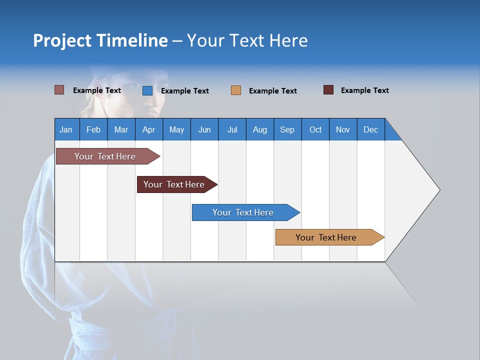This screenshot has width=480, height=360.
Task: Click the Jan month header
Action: (66, 129)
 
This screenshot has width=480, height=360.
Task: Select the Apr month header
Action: (148, 129)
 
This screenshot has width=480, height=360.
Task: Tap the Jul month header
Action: (232, 129)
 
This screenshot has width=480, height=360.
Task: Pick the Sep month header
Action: (287, 129)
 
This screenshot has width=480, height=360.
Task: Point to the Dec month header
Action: (370, 129)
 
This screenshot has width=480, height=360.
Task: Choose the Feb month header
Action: (93, 129)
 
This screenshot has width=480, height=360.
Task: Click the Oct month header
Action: (315, 129)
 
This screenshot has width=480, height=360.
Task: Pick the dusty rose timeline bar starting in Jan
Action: (105, 156)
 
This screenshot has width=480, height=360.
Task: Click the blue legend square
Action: (147, 90)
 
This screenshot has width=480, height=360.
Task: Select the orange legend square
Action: (236, 90)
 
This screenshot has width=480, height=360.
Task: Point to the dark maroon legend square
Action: (328, 90)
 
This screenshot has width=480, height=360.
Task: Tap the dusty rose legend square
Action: (59, 90)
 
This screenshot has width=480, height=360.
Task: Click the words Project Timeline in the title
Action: (100, 40)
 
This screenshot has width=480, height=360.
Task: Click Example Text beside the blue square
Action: (185, 91)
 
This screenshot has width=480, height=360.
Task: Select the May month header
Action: (176, 129)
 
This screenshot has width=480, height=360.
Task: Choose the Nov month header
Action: (343, 129)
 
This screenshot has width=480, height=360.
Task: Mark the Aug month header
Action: (260, 129)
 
